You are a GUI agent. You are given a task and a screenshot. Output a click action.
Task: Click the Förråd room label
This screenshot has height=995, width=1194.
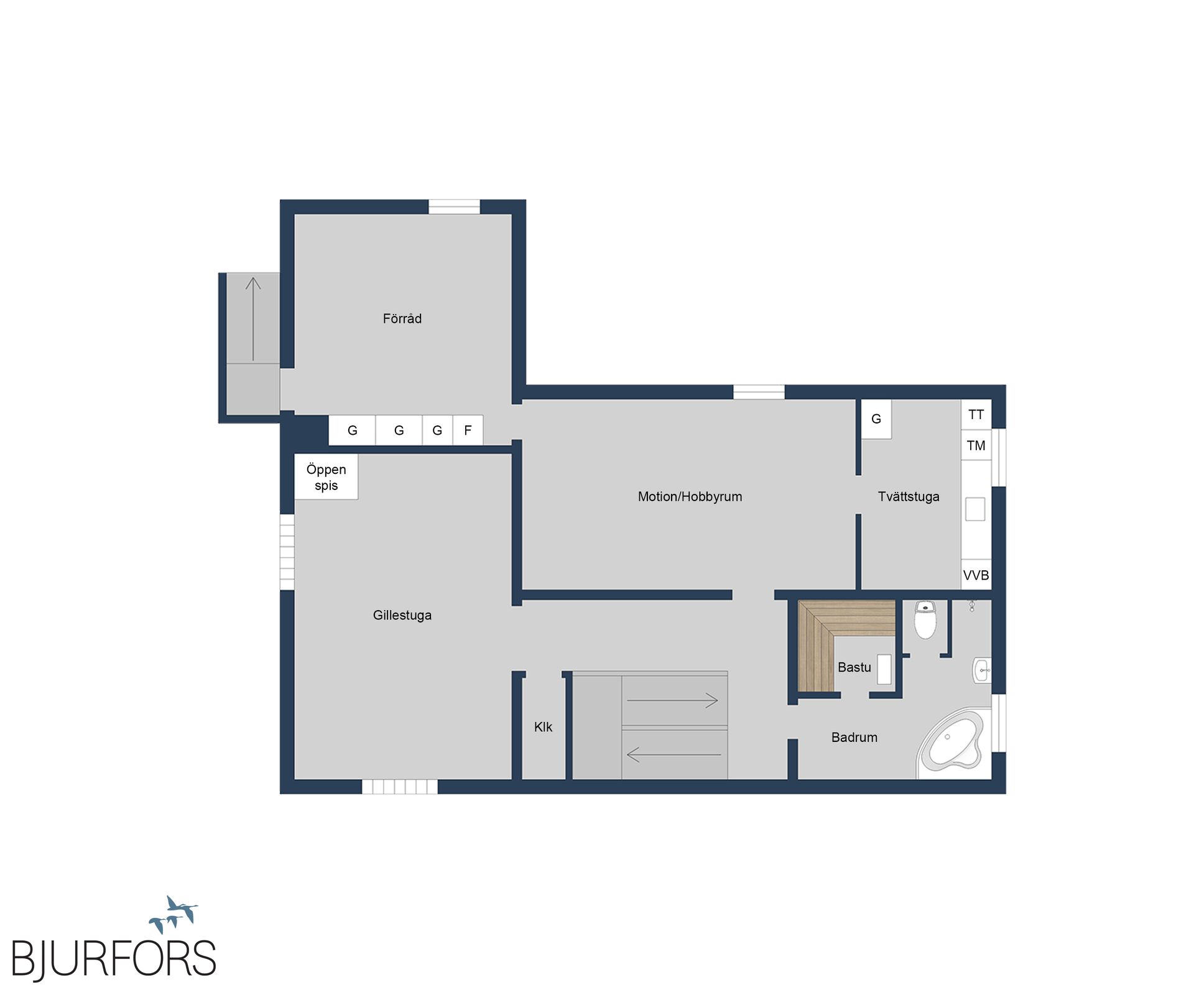pos(402,318)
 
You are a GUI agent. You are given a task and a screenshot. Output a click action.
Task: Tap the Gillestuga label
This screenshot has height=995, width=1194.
pos(402,615)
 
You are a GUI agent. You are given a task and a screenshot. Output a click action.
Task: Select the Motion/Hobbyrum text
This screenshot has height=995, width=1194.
pos(690,496)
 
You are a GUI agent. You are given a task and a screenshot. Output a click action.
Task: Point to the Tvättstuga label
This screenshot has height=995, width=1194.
pos(909,496)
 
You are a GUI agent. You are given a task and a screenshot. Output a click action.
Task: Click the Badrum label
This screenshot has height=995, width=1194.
pos(854,737)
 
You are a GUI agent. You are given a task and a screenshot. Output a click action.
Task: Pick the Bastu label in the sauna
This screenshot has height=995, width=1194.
pos(854,667)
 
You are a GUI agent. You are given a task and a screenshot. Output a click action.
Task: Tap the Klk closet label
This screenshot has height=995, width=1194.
pos(543,727)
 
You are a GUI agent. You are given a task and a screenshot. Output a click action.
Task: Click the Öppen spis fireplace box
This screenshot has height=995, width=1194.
pos(326,477)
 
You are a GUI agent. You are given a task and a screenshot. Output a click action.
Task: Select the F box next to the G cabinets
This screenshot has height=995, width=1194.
pos(468,430)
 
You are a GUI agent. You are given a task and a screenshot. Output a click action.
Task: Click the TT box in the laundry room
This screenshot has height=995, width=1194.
pos(976,414)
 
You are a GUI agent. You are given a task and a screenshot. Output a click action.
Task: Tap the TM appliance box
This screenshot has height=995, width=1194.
pos(976,445)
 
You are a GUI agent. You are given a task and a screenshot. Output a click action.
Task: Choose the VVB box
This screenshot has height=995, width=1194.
pos(976,575)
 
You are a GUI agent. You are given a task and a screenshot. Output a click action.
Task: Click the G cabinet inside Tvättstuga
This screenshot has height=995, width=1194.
pos(876,419)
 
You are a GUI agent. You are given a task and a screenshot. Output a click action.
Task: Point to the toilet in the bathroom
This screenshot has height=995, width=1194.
pos(925,619)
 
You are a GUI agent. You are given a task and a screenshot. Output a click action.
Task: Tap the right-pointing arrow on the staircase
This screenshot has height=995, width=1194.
pos(672,700)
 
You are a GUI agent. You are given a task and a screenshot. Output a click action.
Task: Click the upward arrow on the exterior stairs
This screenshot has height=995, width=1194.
pos(252,319)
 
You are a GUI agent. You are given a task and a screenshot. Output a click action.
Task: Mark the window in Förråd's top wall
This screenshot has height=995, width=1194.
pos(454,206)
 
